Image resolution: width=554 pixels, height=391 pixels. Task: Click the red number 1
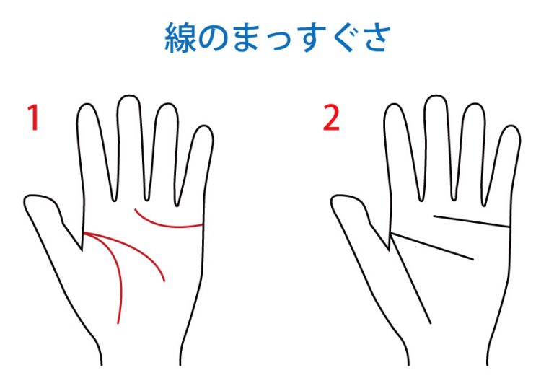pos(34,118)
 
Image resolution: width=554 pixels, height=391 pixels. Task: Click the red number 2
pos(331,118)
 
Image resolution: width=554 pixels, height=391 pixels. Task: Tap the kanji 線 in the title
pos(180,38)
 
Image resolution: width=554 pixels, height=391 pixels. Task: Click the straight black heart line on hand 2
pos(471,221)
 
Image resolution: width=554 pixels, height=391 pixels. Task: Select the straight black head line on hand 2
pos(432,246)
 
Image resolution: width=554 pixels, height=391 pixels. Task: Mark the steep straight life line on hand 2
pos(411,278)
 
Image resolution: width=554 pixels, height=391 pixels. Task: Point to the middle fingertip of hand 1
pos(129,96)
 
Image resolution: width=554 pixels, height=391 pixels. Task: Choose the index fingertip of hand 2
pos(395,105)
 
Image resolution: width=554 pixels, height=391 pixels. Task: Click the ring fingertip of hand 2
pos(473,105)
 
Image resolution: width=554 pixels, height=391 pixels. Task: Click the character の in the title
pos(214,38)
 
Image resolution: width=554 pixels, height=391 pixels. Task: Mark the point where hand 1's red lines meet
pos(84,233)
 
